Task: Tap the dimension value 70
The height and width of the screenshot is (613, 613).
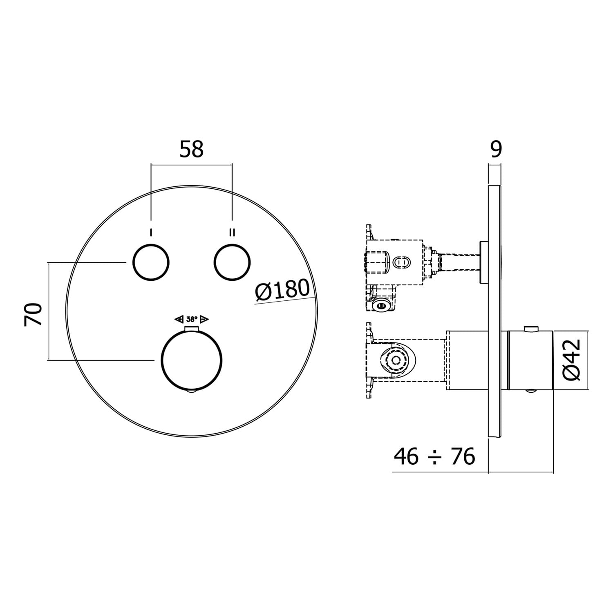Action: pyautogui.click(x=34, y=314)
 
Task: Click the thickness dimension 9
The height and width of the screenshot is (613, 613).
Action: pyautogui.click(x=495, y=149)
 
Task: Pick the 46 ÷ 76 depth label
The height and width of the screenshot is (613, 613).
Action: pyautogui.click(x=434, y=456)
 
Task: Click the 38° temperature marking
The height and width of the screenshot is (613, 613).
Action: pyautogui.click(x=192, y=319)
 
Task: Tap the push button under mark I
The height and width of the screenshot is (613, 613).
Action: pyautogui.click(x=151, y=263)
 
